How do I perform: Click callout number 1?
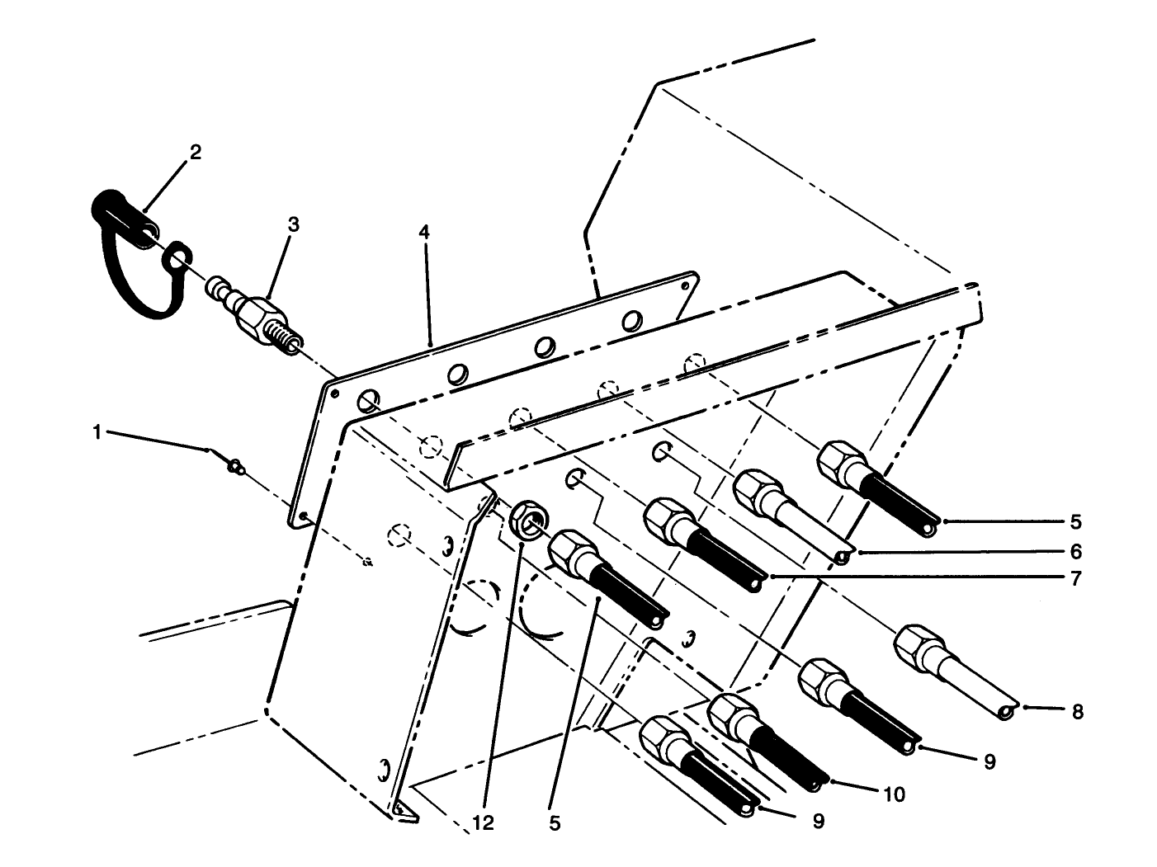pyautogui.click(x=97, y=432)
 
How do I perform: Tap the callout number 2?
pyautogui.click(x=195, y=152)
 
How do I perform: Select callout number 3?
pyautogui.click(x=293, y=224)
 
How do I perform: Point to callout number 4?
pyautogui.click(x=423, y=233)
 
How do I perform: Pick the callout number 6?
pyautogui.click(x=1075, y=551)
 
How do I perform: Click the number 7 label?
pyautogui.click(x=1075, y=579)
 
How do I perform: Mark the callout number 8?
pyautogui.click(x=1077, y=711)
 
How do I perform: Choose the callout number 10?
pyautogui.click(x=894, y=794)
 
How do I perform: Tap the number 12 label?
pyautogui.click(x=484, y=822)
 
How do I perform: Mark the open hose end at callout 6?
pyautogui.click(x=842, y=558)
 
